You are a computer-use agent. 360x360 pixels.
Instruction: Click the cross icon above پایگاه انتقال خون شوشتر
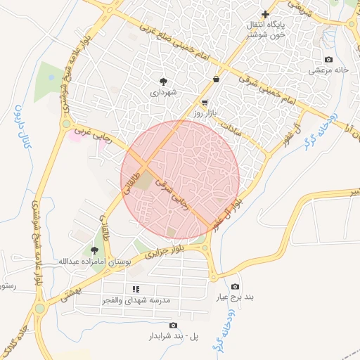point(265,14)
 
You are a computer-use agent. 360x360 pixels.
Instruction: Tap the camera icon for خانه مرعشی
point(328,60)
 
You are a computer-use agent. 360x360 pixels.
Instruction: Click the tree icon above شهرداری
point(164,82)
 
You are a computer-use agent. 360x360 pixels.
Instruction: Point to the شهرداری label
point(164,92)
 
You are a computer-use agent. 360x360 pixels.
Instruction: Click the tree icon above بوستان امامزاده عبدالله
point(95,250)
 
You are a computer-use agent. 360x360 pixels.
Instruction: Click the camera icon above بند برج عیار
point(235,286)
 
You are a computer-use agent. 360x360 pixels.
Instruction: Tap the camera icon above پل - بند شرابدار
point(174,325)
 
